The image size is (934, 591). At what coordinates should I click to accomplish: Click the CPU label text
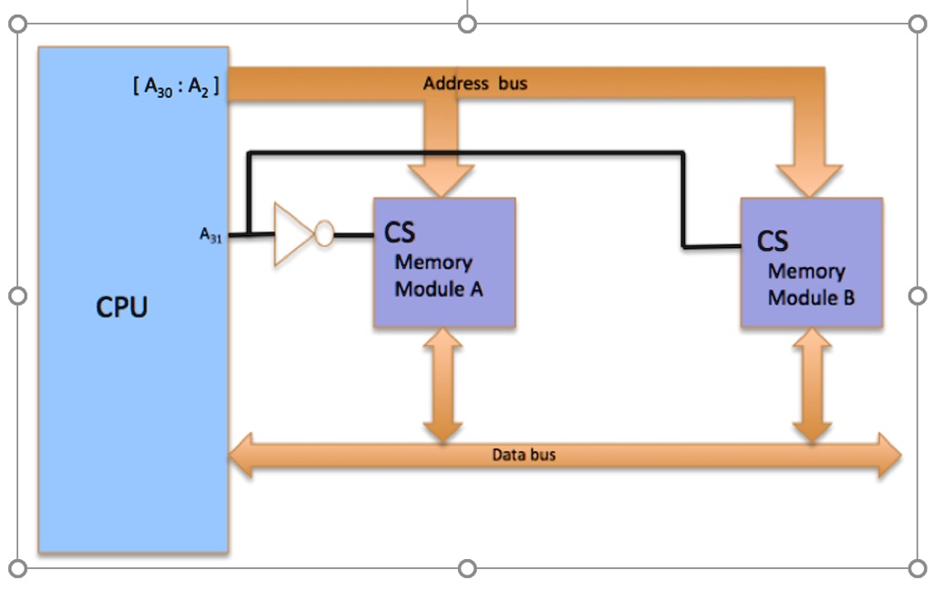[121, 307]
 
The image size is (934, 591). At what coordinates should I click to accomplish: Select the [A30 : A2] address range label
[176, 88]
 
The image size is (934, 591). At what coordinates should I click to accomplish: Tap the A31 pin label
[211, 235]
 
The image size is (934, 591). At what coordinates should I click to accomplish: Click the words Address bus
[474, 84]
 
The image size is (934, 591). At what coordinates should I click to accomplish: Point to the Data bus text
[524, 454]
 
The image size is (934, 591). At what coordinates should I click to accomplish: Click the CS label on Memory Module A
[400, 232]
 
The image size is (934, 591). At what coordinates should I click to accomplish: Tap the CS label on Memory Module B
[772, 241]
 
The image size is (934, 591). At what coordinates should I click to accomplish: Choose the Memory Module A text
[438, 276]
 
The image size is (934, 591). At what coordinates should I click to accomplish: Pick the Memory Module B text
[810, 285]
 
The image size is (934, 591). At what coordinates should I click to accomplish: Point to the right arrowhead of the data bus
[887, 455]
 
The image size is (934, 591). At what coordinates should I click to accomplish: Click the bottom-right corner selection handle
[918, 568]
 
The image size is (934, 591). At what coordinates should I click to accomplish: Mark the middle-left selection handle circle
[17, 296]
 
